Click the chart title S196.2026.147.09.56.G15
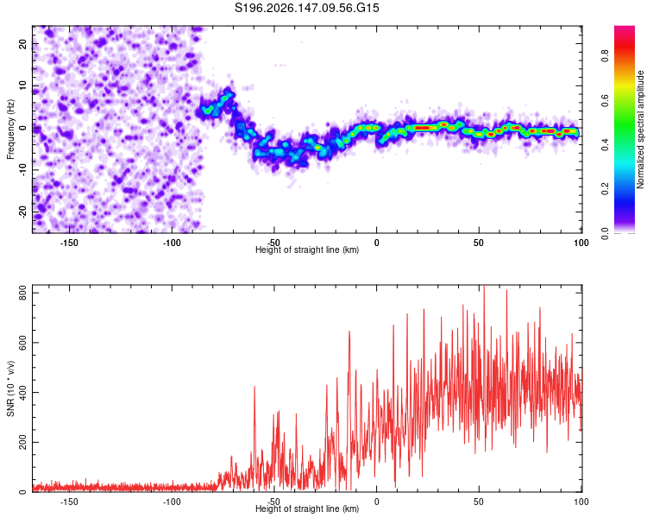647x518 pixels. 306,8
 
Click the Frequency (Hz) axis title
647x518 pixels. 10,129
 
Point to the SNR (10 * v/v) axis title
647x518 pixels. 10,388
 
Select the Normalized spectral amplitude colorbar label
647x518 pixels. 640,129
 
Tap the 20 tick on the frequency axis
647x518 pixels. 22,44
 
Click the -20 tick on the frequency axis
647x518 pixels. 22,212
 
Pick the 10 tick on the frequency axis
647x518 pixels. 22,86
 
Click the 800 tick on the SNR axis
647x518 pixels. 22,293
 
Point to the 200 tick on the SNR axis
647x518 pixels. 22,442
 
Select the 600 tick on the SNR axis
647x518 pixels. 22,343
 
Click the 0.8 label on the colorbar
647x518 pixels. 605,55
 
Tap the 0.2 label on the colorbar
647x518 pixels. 605,188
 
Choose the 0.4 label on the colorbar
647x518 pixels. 605,144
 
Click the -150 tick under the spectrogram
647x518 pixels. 69,243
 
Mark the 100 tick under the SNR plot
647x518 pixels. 581,502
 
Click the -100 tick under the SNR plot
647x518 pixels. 172,502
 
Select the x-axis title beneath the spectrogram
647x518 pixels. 307,250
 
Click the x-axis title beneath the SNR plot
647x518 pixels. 307,509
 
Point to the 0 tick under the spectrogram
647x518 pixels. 376,243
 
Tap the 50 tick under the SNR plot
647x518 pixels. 478,502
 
